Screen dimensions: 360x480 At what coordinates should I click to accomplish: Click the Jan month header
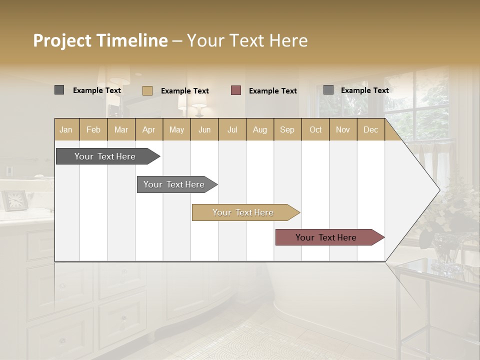66,129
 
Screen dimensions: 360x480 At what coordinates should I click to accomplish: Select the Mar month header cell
121,129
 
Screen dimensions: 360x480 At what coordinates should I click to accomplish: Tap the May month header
176,129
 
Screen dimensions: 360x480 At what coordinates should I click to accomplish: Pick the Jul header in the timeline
232,129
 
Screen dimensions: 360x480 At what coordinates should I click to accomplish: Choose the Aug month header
259,129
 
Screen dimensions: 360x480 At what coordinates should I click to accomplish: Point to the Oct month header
315,129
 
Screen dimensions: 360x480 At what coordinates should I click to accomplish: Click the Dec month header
370,129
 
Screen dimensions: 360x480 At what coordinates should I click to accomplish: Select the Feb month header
93,129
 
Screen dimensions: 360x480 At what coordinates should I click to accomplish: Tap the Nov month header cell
342,129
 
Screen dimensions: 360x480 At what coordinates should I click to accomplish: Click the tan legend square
147,90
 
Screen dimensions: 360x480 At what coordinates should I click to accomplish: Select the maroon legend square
236,90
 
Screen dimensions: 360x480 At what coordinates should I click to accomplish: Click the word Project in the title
62,40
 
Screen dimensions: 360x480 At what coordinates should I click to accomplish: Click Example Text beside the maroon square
272,90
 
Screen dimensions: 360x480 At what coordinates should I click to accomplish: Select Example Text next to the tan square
184,90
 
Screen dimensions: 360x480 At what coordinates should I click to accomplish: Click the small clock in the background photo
14,200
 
